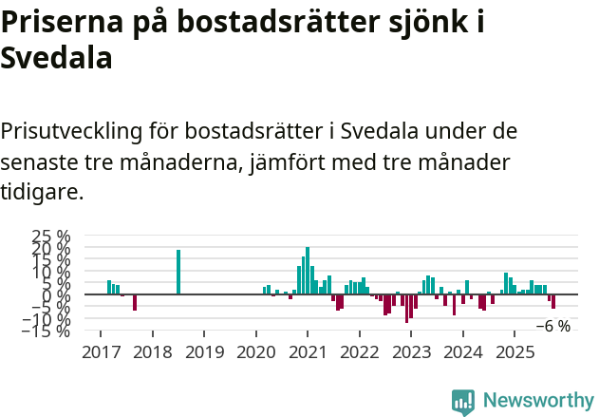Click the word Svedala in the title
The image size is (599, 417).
(57, 58)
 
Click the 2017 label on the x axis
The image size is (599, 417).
(100, 352)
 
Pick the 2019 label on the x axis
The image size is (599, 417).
(203, 352)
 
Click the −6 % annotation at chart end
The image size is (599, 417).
(553, 326)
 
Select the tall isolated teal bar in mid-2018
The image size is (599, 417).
(178, 272)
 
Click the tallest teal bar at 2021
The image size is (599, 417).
(308, 271)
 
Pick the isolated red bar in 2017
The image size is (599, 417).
(135, 302)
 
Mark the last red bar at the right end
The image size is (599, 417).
(553, 301)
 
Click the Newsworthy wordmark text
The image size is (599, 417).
(537, 401)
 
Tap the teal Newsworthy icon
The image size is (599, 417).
(463, 401)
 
